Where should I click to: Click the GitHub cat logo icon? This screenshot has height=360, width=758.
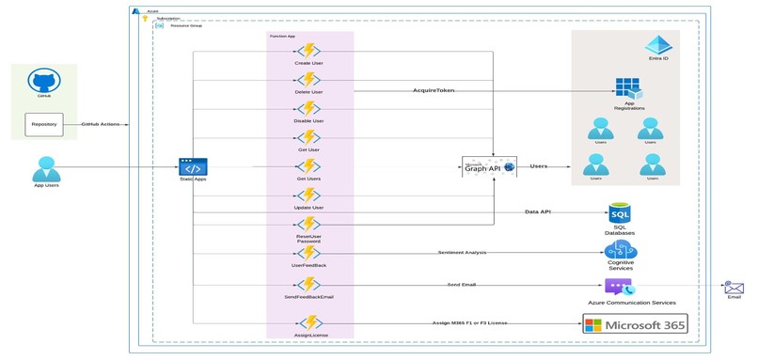(x=44, y=80)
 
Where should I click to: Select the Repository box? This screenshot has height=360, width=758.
(x=44, y=123)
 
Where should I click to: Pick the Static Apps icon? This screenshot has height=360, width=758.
(x=193, y=166)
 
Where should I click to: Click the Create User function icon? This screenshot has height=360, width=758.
(x=308, y=52)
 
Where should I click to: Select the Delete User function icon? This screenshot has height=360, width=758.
(x=308, y=81)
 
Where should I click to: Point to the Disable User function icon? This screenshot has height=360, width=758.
(x=308, y=109)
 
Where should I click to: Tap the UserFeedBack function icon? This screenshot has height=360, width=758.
(x=308, y=254)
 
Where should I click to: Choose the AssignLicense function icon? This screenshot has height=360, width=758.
(x=308, y=322)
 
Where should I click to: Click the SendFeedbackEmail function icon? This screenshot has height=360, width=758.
(x=308, y=284)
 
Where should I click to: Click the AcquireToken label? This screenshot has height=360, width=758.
(x=434, y=90)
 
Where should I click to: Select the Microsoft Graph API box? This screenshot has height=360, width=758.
(x=490, y=167)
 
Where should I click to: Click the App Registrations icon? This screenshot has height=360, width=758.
(x=628, y=89)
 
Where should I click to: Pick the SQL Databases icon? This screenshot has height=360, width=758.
(x=620, y=214)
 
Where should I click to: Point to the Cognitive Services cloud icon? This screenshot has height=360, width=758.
(x=621, y=251)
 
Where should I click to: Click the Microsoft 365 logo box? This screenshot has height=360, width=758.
(x=635, y=324)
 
